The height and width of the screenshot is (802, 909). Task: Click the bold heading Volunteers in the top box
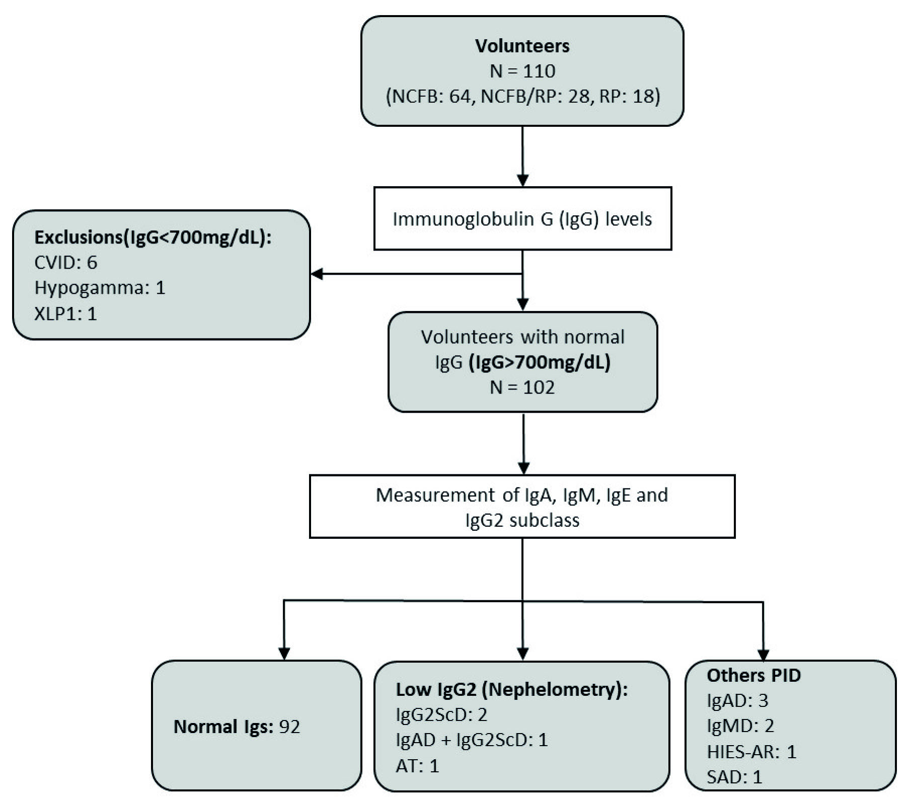(x=522, y=46)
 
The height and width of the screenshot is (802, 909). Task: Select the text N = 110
(x=522, y=71)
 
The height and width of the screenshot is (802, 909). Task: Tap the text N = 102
(x=522, y=387)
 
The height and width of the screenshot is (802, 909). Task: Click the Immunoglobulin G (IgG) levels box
(x=522, y=219)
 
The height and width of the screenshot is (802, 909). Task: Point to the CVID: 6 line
(x=65, y=262)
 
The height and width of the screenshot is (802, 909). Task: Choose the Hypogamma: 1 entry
(x=100, y=288)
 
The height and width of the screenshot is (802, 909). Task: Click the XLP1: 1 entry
(x=65, y=314)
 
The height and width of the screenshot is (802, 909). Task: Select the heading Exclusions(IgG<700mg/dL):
(x=153, y=237)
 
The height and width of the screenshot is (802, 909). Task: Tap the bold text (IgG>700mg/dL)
(x=539, y=362)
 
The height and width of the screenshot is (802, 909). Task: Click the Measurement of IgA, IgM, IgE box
(x=522, y=506)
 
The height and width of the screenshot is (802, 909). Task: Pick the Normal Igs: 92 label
(x=237, y=727)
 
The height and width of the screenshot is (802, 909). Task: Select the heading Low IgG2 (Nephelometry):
(x=512, y=689)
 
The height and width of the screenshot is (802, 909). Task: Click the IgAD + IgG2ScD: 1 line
(x=472, y=740)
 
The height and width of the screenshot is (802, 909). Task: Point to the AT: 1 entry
(x=417, y=766)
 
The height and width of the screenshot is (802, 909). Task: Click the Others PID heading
(x=753, y=675)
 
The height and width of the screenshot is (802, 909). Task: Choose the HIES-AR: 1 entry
(x=751, y=752)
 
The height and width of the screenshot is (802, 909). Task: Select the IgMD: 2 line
(x=740, y=726)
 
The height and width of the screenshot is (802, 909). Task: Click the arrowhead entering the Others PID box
(x=764, y=655)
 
